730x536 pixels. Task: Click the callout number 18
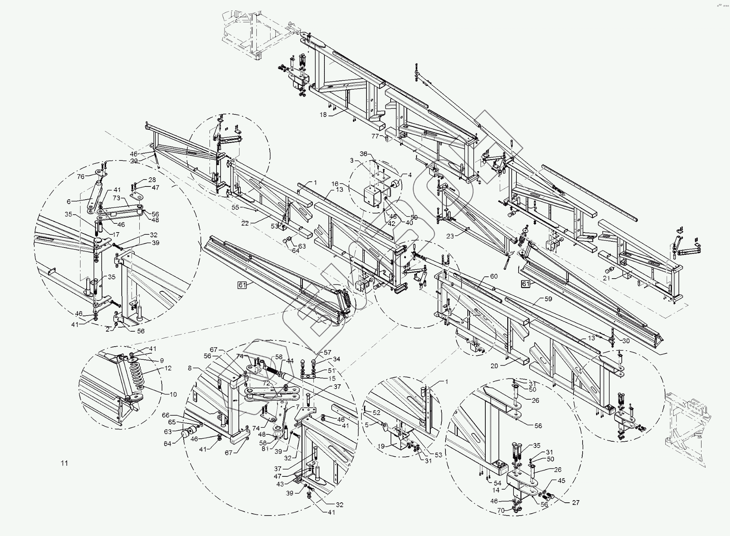pyautogui.click(x=323, y=115)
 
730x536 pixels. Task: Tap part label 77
pyautogui.click(x=375, y=136)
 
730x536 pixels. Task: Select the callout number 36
pyautogui.click(x=364, y=154)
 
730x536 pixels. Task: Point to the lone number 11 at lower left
pyautogui.click(x=64, y=463)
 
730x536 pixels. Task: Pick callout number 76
pyautogui.click(x=81, y=177)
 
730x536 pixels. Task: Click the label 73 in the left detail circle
pyautogui.click(x=116, y=198)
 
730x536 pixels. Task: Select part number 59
pyautogui.click(x=548, y=299)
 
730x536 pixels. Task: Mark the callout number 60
pyautogui.click(x=494, y=276)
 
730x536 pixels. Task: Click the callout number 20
pyautogui.click(x=494, y=366)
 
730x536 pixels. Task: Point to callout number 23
pyautogui.click(x=450, y=236)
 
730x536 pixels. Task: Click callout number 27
pyautogui.click(x=576, y=503)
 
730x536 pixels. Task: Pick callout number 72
pyautogui.click(x=266, y=384)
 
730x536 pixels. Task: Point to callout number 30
pyautogui.click(x=626, y=341)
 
